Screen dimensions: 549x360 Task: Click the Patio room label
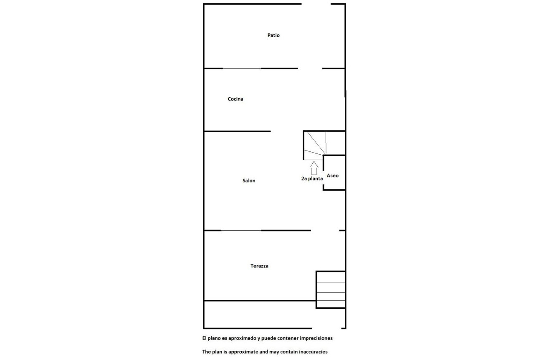point(273,35)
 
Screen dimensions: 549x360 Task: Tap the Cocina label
point(235,99)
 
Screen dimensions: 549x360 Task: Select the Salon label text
point(249,181)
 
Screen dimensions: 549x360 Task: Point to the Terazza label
point(260,266)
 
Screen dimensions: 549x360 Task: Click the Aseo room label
point(333,176)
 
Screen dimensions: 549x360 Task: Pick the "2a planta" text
point(312,179)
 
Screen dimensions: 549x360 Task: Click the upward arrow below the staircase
point(314,168)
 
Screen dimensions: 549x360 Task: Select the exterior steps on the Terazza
point(331,290)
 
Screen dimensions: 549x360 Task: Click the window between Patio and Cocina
point(242,68)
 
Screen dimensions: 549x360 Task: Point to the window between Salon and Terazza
point(241,230)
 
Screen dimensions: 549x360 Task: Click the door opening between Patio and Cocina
point(310,68)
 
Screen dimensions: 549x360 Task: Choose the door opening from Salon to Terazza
point(325,230)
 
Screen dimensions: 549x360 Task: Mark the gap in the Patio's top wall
point(316,4)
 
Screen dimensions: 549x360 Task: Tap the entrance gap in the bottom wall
point(327,328)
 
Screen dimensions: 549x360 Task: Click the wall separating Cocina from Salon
point(237,131)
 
